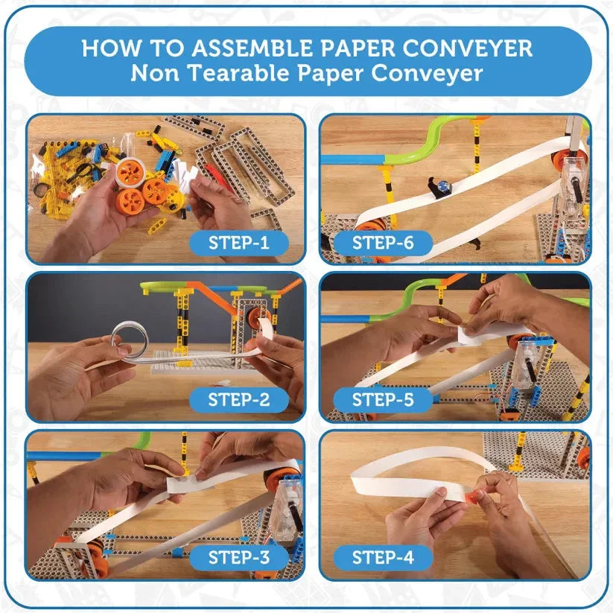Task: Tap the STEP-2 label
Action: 238,399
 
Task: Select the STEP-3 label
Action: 238,557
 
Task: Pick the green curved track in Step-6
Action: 417,146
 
